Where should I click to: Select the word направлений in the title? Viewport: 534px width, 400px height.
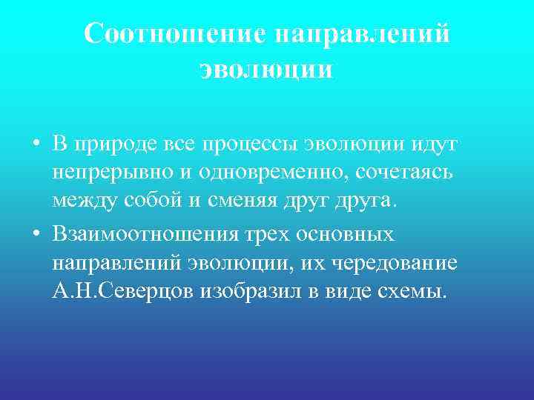pyautogui.click(x=362, y=34)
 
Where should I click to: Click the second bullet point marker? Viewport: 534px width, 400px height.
pyautogui.click(x=36, y=236)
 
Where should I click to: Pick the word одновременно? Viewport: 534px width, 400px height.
pyautogui.click(x=264, y=175)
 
